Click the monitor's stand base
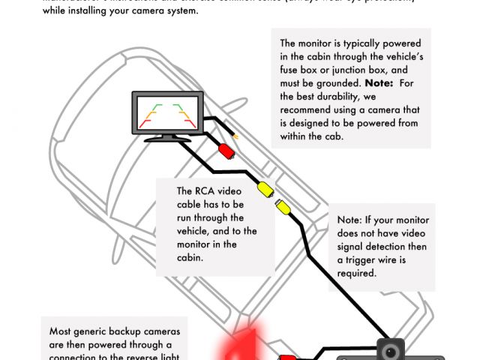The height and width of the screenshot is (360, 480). (166, 138)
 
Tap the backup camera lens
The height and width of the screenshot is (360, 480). (389, 351)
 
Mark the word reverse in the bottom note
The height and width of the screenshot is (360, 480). (148, 355)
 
